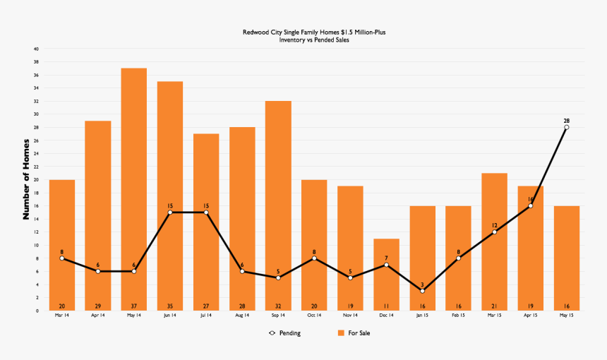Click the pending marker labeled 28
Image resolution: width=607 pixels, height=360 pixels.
coord(566,127)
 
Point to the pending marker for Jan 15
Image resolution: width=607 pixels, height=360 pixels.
coord(422,291)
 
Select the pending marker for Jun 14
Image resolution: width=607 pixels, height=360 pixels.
coord(170,212)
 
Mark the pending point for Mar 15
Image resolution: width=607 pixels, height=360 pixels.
coord(494,232)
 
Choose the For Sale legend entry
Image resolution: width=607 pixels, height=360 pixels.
coord(354,333)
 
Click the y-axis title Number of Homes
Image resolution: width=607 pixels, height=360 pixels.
coord(26,179)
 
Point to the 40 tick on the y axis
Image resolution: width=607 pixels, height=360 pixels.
coord(35,49)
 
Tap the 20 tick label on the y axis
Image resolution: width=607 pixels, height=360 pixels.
coord(35,179)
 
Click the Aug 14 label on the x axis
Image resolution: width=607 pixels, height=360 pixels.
coord(242,316)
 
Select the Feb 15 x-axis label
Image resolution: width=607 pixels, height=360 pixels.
coord(458,316)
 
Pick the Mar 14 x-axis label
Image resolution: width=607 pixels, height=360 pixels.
coord(62,316)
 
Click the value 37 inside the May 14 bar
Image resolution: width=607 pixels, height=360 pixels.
coord(133,306)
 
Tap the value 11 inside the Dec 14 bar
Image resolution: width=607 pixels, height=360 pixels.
coord(386,306)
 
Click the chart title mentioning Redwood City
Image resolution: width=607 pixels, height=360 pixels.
coord(315,32)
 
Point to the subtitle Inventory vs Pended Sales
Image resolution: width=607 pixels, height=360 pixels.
coord(315,40)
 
